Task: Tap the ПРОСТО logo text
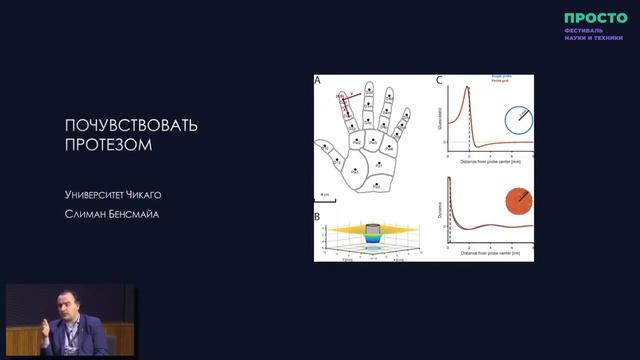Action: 595,17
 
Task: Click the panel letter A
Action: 318,80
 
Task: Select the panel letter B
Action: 318,216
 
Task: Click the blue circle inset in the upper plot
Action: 518,120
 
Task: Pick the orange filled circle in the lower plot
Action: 518,201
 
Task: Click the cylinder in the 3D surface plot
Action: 372,232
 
